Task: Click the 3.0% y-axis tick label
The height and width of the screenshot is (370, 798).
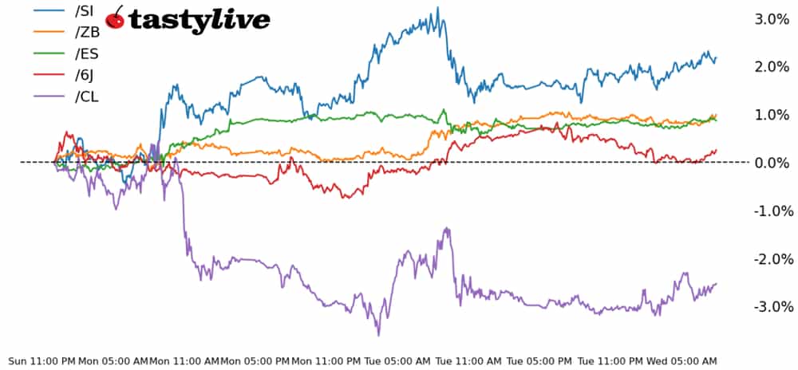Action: (x=772, y=19)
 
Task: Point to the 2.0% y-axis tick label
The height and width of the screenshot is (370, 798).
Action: (x=772, y=67)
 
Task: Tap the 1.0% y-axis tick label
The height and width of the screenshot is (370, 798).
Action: (x=772, y=115)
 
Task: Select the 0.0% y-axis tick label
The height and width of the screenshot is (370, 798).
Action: (x=772, y=163)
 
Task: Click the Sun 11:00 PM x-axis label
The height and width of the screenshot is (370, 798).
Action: (x=40, y=360)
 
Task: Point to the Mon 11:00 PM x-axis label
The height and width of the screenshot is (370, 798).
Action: (x=327, y=360)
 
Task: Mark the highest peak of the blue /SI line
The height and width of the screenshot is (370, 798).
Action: (x=437, y=9)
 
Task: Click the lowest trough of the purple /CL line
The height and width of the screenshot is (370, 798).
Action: (x=378, y=334)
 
